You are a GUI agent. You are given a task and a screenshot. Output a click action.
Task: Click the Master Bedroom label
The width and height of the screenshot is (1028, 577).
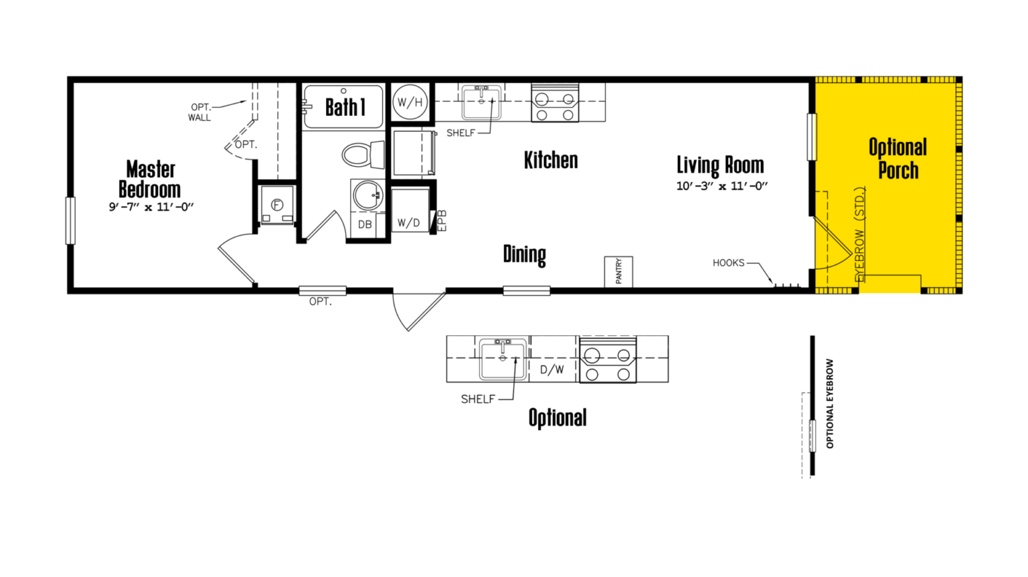click(x=150, y=179)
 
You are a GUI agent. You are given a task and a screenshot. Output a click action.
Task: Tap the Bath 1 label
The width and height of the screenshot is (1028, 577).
click(x=345, y=107)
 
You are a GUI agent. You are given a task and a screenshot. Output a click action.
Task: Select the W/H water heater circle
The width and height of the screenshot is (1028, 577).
click(x=410, y=102)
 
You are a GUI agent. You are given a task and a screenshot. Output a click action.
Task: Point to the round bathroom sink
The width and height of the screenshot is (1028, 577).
click(x=367, y=195)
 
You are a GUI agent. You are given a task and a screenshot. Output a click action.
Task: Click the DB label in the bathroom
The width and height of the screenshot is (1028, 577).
click(x=365, y=224)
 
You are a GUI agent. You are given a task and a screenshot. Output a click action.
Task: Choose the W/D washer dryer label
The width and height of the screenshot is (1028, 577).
click(x=409, y=223)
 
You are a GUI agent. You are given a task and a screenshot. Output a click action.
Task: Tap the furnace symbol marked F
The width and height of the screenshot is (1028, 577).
click(x=277, y=205)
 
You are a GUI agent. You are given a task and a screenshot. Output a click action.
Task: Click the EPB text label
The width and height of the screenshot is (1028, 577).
click(x=442, y=220)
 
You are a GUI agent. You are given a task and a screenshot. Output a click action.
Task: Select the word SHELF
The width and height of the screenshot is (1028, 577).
click(x=460, y=133)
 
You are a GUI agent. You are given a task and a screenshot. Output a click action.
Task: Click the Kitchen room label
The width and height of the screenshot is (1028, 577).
click(x=551, y=161)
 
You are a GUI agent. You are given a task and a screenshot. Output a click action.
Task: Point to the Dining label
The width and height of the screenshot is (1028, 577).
click(x=525, y=254)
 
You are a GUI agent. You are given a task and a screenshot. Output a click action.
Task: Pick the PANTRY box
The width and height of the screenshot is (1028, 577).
click(x=618, y=272)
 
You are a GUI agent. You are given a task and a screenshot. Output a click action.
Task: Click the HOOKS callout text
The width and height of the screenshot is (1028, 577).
click(x=728, y=263)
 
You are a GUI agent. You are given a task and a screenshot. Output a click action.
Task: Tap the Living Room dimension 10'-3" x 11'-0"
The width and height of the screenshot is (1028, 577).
click(x=721, y=186)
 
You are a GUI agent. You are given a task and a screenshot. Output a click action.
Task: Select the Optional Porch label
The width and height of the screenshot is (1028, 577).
click(x=898, y=159)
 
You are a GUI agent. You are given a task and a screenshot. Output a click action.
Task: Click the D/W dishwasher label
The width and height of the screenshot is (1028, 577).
click(x=552, y=369)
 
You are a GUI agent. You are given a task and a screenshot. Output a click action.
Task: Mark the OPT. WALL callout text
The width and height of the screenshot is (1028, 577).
click(x=199, y=112)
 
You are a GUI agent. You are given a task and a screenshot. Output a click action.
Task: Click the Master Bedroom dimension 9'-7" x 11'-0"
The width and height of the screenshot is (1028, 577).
click(x=151, y=207)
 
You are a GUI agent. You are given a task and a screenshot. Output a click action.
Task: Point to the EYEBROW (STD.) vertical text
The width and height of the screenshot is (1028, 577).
click(x=860, y=234)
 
